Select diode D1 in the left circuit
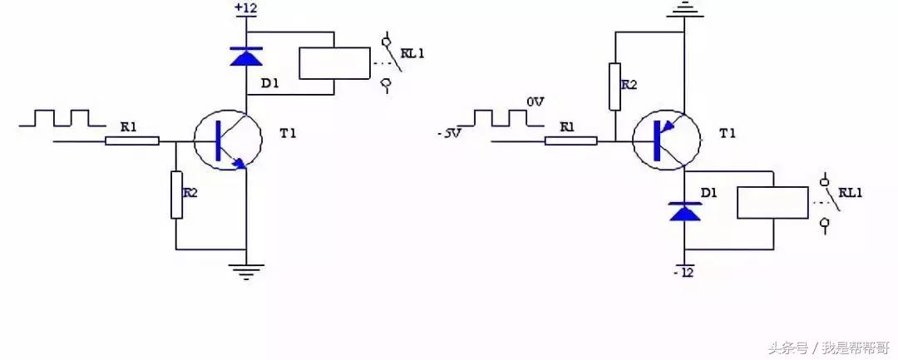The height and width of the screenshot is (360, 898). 246,56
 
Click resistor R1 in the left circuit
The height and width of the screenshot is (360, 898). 131,141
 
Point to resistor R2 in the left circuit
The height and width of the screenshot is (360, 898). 176,195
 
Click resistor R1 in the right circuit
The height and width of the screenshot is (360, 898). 570,141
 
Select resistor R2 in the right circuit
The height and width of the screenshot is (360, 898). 614,86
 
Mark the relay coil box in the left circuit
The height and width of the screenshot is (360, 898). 333,63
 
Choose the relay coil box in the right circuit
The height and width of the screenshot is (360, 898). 772,202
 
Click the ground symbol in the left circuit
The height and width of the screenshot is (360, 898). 246,270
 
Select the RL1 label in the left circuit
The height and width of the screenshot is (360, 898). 412,53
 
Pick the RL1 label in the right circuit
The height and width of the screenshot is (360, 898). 850,192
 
